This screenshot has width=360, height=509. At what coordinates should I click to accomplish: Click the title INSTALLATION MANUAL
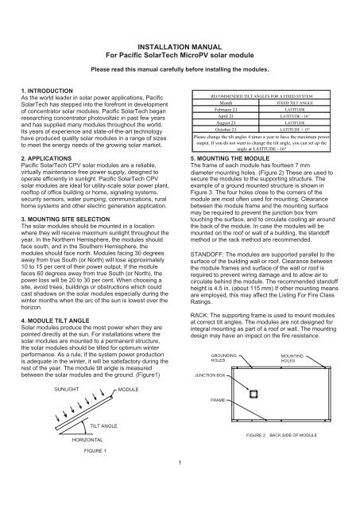[x=179, y=26]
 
